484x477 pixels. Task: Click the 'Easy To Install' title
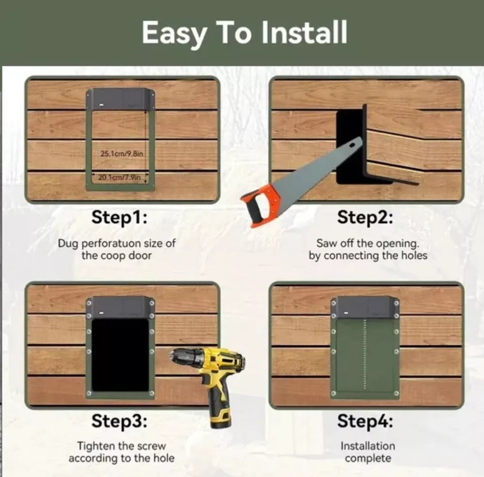(244, 33)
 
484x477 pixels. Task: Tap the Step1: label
(119, 218)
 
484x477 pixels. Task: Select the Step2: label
(365, 218)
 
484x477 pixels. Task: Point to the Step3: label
(119, 421)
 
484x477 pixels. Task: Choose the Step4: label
(365, 421)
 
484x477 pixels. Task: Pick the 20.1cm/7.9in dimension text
(119, 178)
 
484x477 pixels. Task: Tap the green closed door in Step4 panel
(365, 356)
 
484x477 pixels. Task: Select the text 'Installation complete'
(368, 452)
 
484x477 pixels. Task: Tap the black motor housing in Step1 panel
(121, 99)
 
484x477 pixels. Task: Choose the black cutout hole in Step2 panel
(349, 145)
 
